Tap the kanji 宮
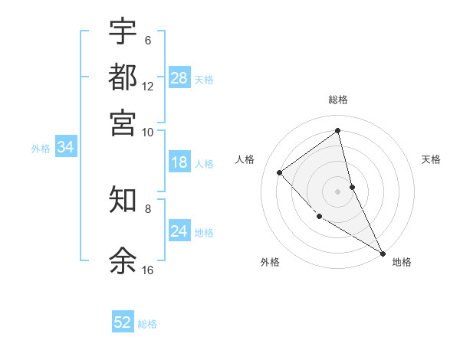point(123,123)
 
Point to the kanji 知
point(123,199)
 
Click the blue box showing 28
point(179,78)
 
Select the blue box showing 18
point(179,162)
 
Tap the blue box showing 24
point(179,231)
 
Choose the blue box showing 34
point(65,148)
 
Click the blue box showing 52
point(123,322)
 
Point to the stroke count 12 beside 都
point(148,87)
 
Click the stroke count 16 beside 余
point(148,270)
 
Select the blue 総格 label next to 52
point(147,324)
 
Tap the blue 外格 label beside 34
point(40,149)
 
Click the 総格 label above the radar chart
point(338,100)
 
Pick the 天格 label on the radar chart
point(432,159)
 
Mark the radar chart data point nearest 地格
point(383,253)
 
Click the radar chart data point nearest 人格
point(280,172)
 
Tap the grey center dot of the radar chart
point(338,191)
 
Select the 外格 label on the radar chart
point(270,262)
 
